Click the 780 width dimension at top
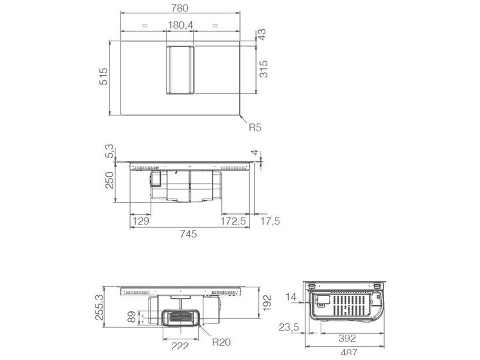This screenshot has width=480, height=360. tap(180, 7)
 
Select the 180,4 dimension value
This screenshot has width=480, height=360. tap(181, 25)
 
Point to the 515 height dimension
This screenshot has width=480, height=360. tap(103, 76)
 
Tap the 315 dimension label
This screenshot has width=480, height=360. tap(263, 69)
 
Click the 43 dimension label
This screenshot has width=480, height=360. tap(263, 35)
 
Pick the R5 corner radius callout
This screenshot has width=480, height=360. tap(255, 127)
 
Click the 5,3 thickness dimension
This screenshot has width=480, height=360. tap(109, 151)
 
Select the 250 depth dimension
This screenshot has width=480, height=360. tap(109, 180)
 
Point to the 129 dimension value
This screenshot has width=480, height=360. tap(141, 221)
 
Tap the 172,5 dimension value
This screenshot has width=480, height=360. tap(233, 221)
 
